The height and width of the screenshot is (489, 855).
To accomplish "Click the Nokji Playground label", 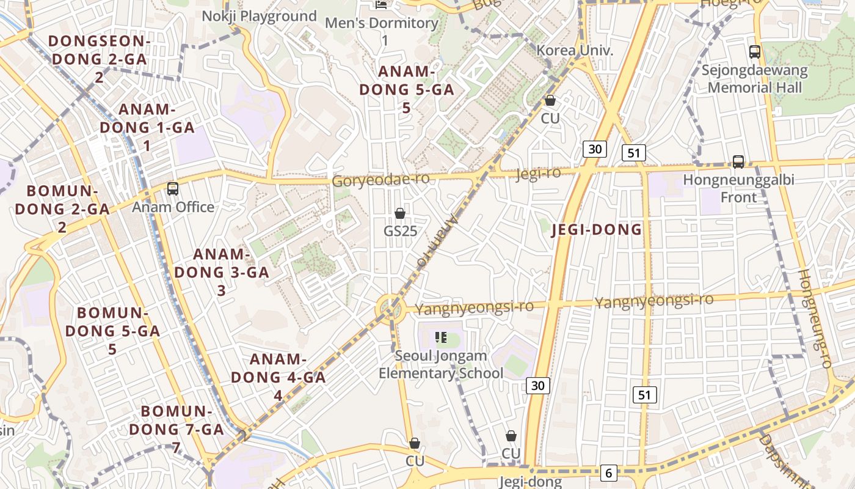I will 260,17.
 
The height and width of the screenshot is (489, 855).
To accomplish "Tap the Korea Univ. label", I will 574,50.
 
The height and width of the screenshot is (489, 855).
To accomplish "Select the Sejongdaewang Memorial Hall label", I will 754,79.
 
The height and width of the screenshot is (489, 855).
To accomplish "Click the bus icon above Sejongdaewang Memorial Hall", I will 755,52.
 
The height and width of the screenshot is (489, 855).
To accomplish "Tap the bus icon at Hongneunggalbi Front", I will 738,162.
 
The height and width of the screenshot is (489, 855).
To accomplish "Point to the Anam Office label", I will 173,207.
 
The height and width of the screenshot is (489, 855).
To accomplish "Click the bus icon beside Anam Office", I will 173,189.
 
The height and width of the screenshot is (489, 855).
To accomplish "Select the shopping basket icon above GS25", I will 400,213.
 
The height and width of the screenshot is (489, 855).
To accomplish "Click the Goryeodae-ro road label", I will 380,180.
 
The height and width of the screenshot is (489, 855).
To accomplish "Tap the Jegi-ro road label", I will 537,174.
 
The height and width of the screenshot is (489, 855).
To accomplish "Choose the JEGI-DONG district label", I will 597,230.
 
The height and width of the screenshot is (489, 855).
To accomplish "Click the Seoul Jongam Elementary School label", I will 441,364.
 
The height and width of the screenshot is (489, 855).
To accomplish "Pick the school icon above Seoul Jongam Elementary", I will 441,337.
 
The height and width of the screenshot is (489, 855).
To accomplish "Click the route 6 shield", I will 608,472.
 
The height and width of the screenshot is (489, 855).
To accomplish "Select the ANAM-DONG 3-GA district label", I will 222,272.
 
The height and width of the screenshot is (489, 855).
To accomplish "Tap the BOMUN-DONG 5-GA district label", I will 112,331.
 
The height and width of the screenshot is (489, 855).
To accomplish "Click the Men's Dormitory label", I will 382,31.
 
